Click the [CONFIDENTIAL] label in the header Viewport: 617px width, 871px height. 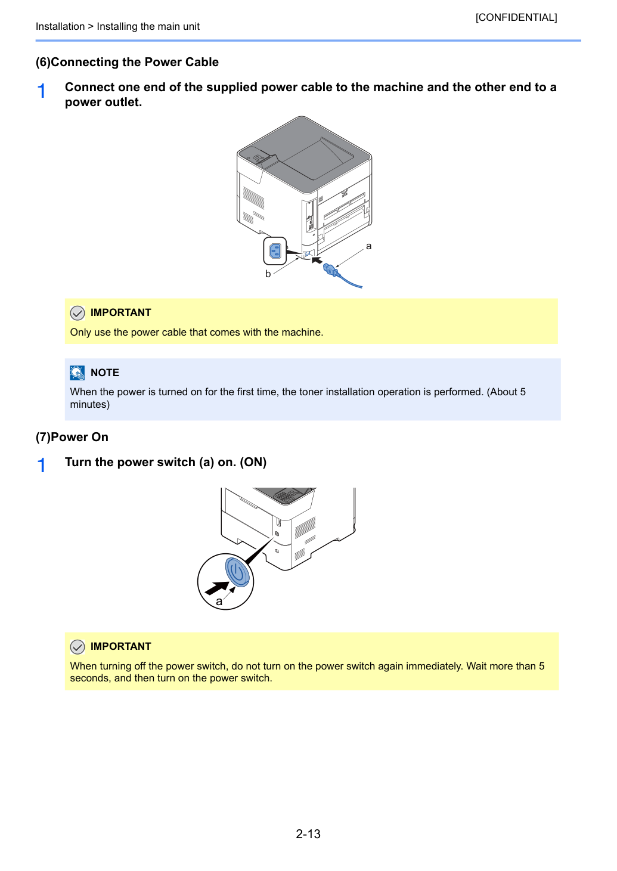(x=516, y=17)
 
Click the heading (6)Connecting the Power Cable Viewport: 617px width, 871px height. (x=127, y=62)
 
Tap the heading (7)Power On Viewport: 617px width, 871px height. (x=72, y=437)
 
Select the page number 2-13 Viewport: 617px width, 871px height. (x=308, y=833)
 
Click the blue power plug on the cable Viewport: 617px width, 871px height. (x=331, y=269)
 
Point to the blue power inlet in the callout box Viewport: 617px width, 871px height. (x=275, y=251)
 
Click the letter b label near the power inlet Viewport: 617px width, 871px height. (x=268, y=274)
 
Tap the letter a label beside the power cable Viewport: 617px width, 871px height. (x=368, y=246)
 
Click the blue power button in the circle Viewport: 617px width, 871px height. (x=237, y=572)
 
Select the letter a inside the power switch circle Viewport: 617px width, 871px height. (x=219, y=602)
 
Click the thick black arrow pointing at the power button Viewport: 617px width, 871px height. (x=217, y=588)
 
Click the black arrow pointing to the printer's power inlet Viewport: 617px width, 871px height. (x=317, y=260)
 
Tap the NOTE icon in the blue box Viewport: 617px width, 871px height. (x=77, y=373)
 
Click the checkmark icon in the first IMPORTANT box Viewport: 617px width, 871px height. (x=77, y=312)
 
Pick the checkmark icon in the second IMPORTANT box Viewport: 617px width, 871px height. (x=77, y=647)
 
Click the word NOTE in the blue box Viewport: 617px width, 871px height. (x=105, y=373)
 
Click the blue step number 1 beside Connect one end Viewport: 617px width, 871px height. (x=42, y=91)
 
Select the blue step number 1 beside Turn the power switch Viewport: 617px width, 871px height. (x=42, y=466)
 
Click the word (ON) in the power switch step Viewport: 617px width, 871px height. (x=253, y=462)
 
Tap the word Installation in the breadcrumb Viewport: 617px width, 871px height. (x=60, y=26)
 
